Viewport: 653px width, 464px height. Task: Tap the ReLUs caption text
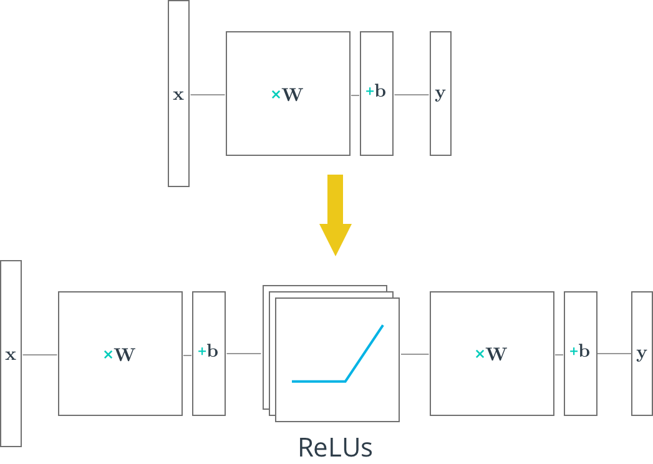pos(336,448)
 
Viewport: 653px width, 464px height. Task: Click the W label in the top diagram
pos(293,95)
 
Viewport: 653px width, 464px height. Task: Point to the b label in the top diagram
pos(380,92)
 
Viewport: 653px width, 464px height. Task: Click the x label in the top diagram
pos(178,95)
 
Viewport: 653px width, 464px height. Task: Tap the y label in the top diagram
pos(440,94)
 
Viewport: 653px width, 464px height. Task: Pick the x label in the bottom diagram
pos(11,355)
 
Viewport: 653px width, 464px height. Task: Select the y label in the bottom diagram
pos(642,354)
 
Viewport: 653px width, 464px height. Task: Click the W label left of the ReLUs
pos(125,355)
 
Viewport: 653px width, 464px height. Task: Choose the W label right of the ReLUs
pos(496,354)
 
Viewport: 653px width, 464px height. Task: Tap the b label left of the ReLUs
pos(213,352)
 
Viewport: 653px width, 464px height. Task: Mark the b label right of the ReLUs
pos(584,352)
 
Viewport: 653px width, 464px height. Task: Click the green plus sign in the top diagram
pos(369,92)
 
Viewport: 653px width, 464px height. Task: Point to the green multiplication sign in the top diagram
pos(276,95)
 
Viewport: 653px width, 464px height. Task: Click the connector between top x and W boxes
pos(207,95)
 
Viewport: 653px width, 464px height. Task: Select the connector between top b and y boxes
pos(411,95)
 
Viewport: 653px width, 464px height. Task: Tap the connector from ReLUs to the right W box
pos(415,354)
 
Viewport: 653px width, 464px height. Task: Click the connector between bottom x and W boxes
pos(39,355)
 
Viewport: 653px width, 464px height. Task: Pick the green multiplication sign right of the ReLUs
pos(480,354)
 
